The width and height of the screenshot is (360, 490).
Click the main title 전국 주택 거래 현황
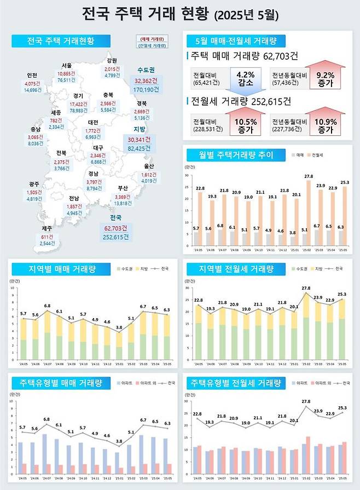[145, 14]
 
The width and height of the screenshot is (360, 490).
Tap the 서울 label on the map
[67, 66]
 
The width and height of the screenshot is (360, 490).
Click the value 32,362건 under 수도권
[146, 79]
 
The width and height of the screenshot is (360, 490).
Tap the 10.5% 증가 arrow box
[245, 125]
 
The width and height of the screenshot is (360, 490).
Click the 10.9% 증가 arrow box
[325, 125]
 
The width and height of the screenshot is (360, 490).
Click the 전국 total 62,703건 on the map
[115, 228]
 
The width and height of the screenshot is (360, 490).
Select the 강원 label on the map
[112, 61]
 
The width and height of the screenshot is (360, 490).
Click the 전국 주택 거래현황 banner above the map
[60, 41]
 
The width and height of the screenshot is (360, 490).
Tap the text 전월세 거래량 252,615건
[241, 101]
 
